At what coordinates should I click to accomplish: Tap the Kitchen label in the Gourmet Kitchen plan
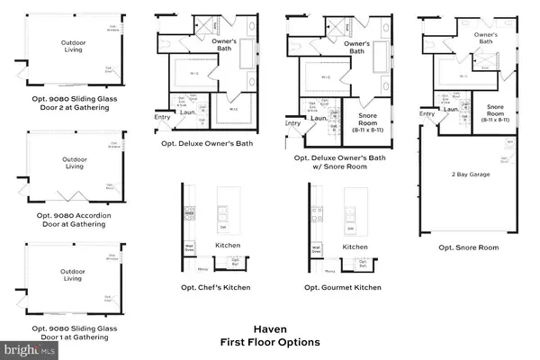(355, 246)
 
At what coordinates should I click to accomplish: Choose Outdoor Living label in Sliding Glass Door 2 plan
(74, 46)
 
